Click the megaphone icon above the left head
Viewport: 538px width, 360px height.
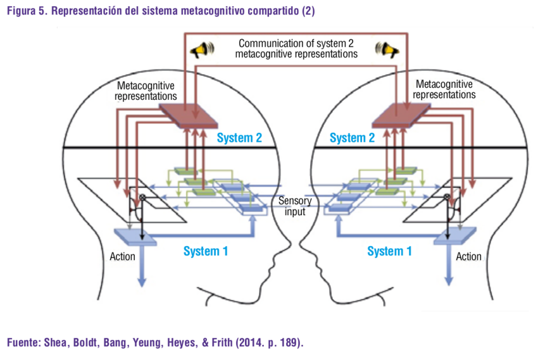point(203,49)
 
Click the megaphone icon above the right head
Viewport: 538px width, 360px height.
point(385,49)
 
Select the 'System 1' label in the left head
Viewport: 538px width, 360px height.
point(206,251)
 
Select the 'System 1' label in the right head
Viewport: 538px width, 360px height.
point(389,251)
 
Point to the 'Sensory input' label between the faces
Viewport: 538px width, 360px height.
point(295,206)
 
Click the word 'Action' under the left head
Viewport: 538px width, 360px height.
point(123,256)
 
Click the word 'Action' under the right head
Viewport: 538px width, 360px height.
point(468,256)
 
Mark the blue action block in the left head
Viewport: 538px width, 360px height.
point(134,235)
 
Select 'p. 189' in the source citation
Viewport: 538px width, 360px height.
point(284,343)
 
